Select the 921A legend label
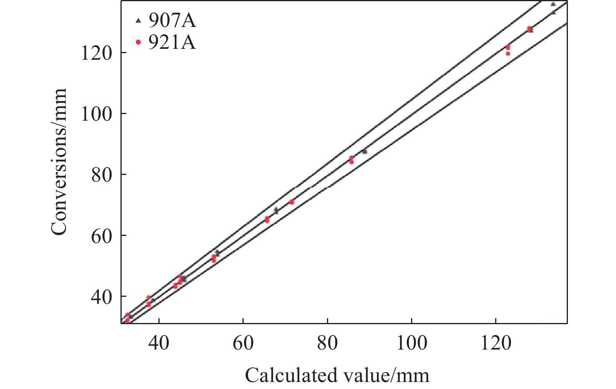click(172, 42)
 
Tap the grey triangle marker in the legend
click(138, 20)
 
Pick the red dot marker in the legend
click(138, 42)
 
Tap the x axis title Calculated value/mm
click(337, 375)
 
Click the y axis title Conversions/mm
click(59, 162)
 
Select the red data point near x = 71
click(292, 202)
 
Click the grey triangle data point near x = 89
click(365, 151)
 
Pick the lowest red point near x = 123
click(508, 54)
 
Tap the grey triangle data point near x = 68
click(276, 211)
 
